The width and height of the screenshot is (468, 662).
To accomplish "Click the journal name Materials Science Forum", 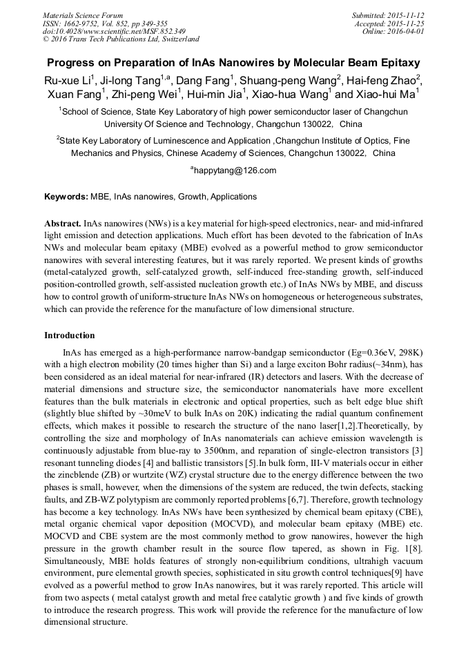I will (83, 15).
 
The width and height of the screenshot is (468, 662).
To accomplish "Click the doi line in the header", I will (114, 31).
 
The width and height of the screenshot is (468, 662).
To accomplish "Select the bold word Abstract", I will (62, 224).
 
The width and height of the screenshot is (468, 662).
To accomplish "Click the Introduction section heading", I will (70, 335).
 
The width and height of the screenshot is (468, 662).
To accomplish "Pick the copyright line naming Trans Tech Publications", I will (121, 39).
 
